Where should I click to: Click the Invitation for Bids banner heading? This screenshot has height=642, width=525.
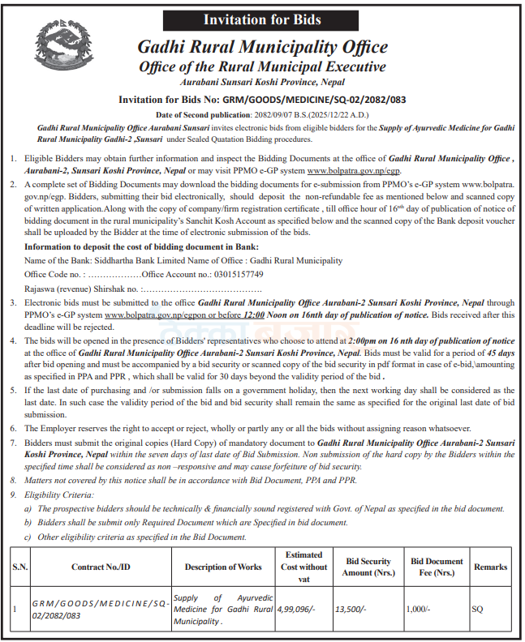point(261,19)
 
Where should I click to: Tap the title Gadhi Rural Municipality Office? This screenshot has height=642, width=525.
point(262,48)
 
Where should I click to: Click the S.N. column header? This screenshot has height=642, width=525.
point(19,567)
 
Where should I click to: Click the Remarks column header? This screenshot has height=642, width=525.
point(490,567)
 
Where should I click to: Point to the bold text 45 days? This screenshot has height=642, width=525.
point(499,354)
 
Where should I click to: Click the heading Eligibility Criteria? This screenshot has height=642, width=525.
point(59,494)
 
